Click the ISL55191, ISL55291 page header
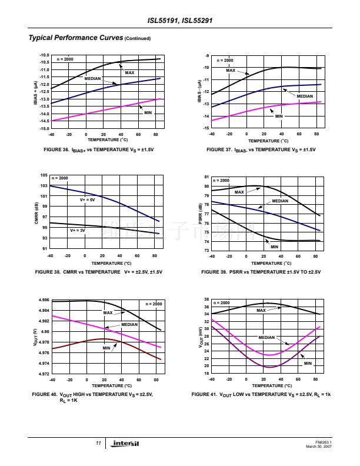pos(179,21)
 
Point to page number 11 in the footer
pos(99,443)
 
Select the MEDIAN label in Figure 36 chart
pos(92,78)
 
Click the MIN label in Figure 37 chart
pos(279,116)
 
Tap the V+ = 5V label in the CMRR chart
pos(87,200)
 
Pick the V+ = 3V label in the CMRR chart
pos(77,230)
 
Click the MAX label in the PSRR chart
pos(239,192)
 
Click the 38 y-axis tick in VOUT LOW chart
pos(206,300)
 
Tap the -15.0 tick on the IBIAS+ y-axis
pos(42,128)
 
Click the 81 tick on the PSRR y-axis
pos(206,177)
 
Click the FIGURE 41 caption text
pos(261,394)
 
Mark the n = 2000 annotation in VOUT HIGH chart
pos(154,304)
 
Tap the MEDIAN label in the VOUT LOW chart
pos(266,337)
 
